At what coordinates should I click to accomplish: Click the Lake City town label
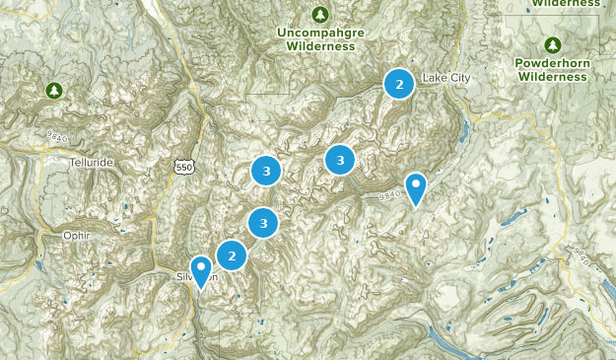[442, 78]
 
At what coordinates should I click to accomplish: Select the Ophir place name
[61, 237]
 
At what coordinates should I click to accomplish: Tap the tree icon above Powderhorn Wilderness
[553, 44]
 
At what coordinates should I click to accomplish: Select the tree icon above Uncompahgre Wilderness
[319, 15]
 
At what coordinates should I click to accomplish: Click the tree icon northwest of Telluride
[54, 91]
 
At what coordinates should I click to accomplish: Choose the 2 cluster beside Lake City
[399, 85]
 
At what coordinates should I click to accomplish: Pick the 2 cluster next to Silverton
[232, 256]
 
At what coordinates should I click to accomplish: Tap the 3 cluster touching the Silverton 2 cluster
[263, 224]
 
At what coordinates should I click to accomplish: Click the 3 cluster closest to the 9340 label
[340, 158]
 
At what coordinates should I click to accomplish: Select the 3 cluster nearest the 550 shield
[265, 171]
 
